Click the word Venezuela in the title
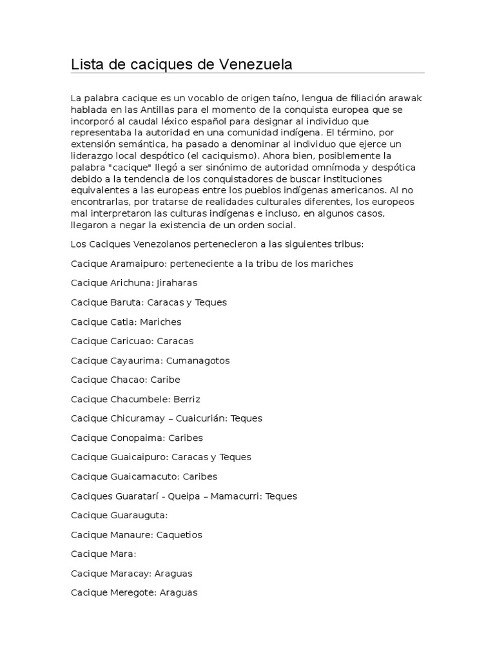click(x=256, y=64)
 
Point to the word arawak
click(x=406, y=98)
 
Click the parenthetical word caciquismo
click(x=218, y=156)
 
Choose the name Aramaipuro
click(x=140, y=264)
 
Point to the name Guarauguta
click(x=139, y=516)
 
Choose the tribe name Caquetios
click(x=180, y=534)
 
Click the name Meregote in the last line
click(x=132, y=592)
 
